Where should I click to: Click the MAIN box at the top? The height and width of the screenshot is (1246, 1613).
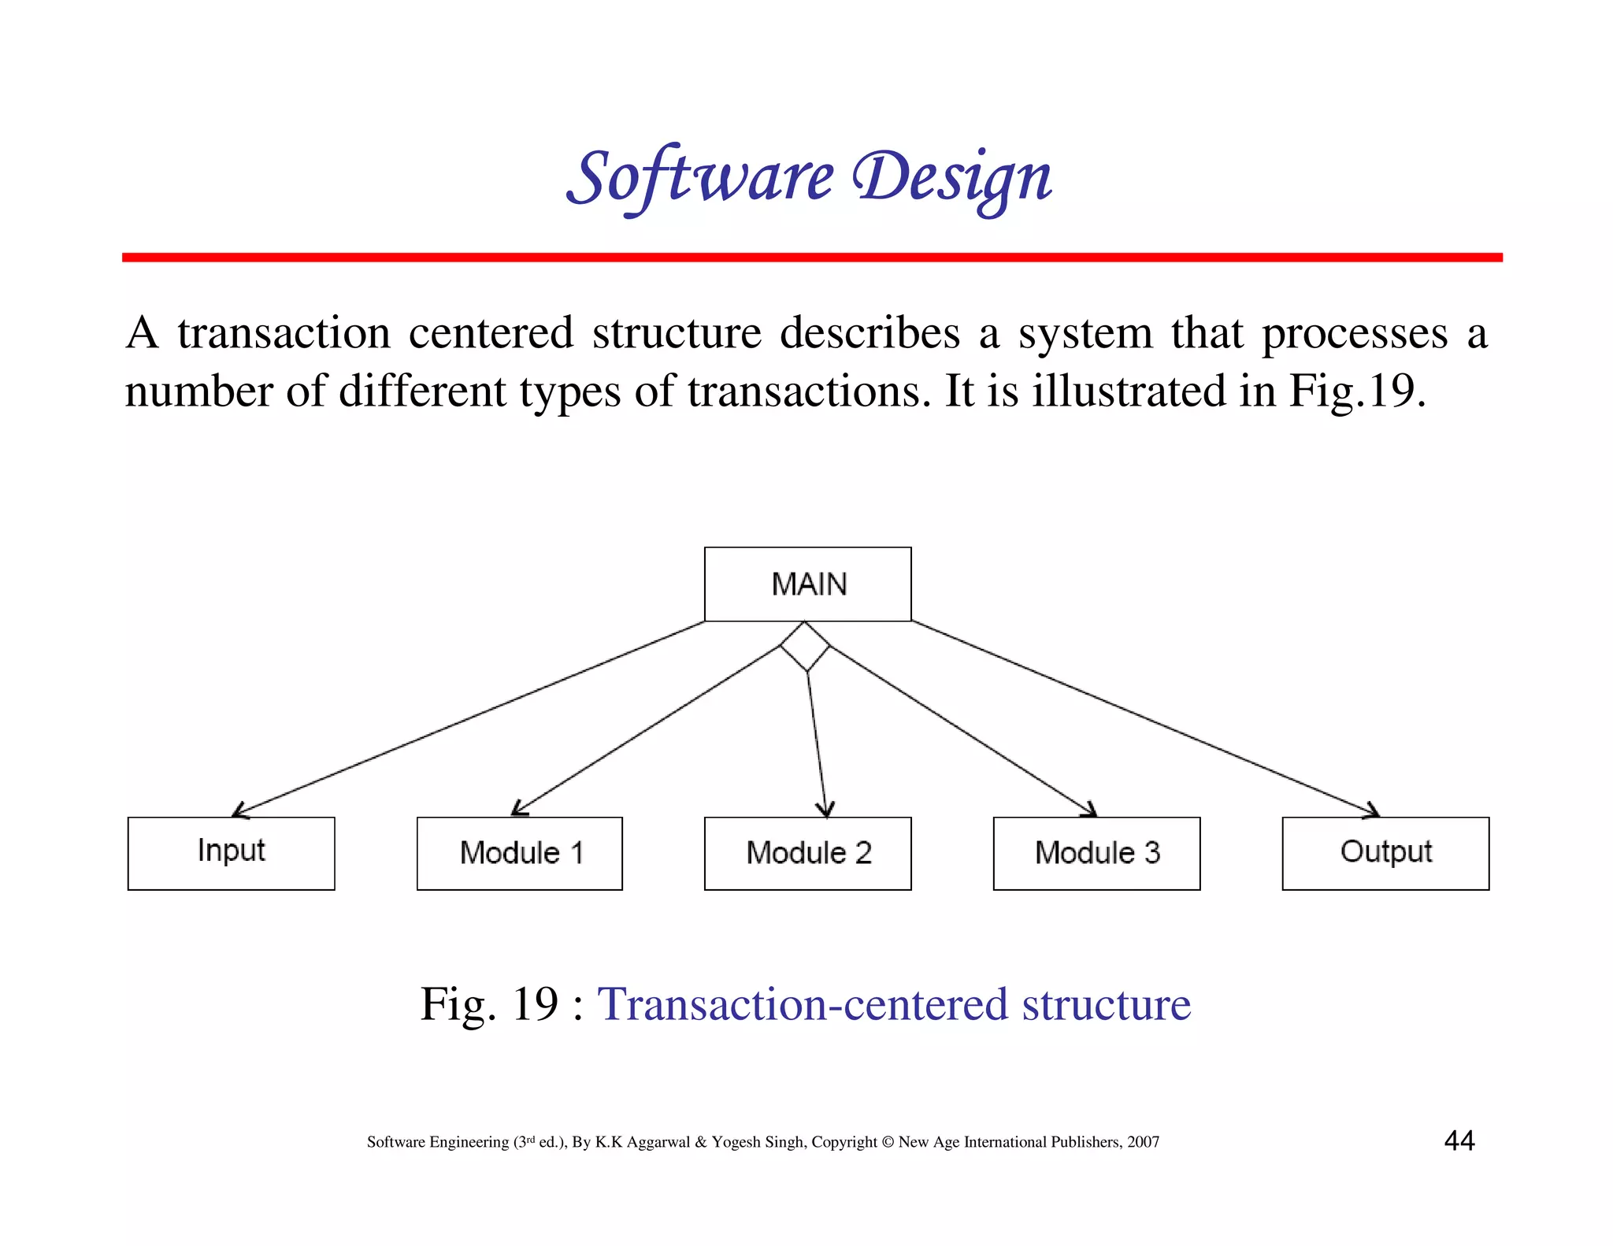(x=807, y=584)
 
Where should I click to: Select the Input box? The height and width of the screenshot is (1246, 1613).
(x=231, y=853)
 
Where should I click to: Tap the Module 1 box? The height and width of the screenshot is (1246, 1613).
(x=519, y=853)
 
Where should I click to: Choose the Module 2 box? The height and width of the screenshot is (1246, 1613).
(x=807, y=853)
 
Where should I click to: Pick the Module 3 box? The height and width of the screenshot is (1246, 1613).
(x=1096, y=853)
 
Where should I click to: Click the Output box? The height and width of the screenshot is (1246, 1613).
(x=1385, y=853)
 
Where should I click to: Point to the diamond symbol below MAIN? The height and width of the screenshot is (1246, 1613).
(x=805, y=647)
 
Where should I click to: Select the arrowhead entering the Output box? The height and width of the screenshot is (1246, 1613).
(x=1374, y=812)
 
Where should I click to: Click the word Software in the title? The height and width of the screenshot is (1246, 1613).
(x=699, y=178)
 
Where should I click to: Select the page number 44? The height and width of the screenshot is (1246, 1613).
(x=1459, y=1140)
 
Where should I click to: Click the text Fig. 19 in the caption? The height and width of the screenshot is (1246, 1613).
(x=489, y=1004)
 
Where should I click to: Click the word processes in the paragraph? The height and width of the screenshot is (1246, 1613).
(x=1355, y=333)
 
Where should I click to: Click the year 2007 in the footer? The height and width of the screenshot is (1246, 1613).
(x=1143, y=1142)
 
